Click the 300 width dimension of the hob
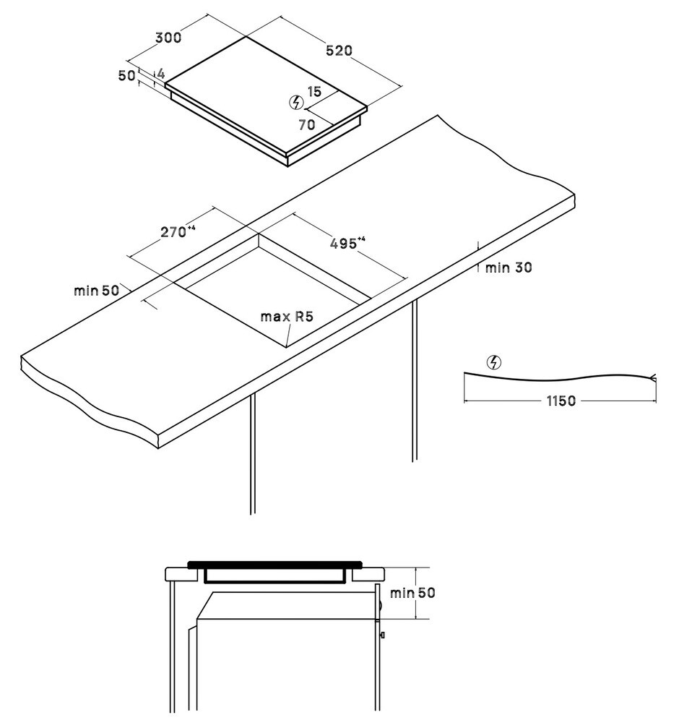pyautogui.click(x=168, y=38)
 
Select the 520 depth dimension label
pyautogui.click(x=339, y=51)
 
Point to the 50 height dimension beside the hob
pyautogui.click(x=126, y=75)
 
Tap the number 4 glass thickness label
pyautogui.click(x=161, y=73)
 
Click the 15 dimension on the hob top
pyautogui.click(x=314, y=92)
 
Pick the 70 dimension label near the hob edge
pyautogui.click(x=307, y=124)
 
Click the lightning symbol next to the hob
pyautogui.click(x=296, y=102)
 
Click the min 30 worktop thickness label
pyautogui.click(x=508, y=268)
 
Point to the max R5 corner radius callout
pyautogui.click(x=287, y=317)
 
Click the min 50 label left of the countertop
pyautogui.click(x=96, y=291)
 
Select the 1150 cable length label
pyautogui.click(x=561, y=401)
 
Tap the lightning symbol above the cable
pyautogui.click(x=494, y=363)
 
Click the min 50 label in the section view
pyautogui.click(x=412, y=593)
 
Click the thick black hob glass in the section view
pyautogui.click(x=275, y=565)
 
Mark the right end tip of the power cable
pyautogui.click(x=655, y=377)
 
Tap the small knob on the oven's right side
pyautogui.click(x=382, y=635)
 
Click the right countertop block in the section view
pyautogui.click(x=368, y=574)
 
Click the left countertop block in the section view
pyautogui.click(x=182, y=574)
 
